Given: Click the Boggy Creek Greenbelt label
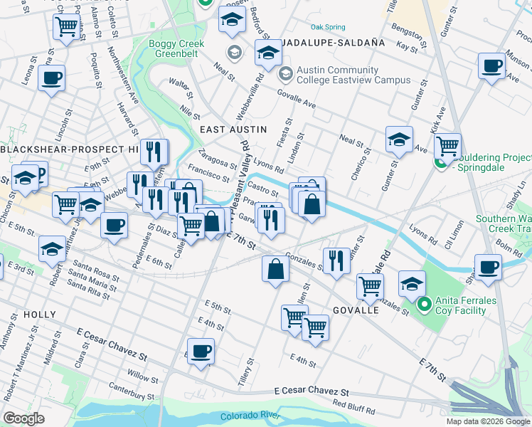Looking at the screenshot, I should (x=176, y=49).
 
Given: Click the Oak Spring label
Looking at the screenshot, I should (x=328, y=27).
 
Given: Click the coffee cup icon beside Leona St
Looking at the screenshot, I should (x=52, y=78).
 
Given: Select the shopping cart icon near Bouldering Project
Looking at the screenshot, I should (x=447, y=146).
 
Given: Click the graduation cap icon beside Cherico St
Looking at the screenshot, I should (x=400, y=139).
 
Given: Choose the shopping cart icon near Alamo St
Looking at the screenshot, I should (x=66, y=27).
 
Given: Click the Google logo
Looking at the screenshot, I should (x=23, y=418).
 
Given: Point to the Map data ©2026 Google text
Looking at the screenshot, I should (x=487, y=421).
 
